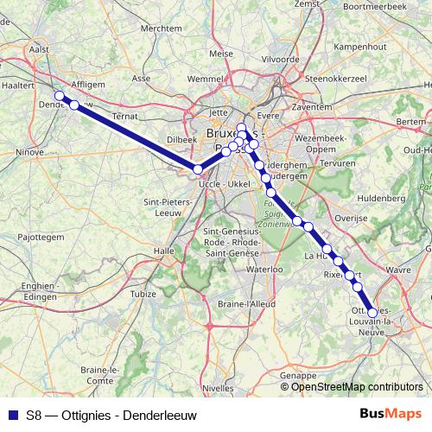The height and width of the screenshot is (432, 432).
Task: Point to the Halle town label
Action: click(x=163, y=251)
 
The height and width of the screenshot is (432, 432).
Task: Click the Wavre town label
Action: click(x=398, y=270)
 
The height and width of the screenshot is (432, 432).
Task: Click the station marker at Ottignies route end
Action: click(x=372, y=314)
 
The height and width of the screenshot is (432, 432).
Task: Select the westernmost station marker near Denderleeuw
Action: click(x=60, y=96)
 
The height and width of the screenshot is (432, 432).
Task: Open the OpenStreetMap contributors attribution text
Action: click(x=357, y=386)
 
